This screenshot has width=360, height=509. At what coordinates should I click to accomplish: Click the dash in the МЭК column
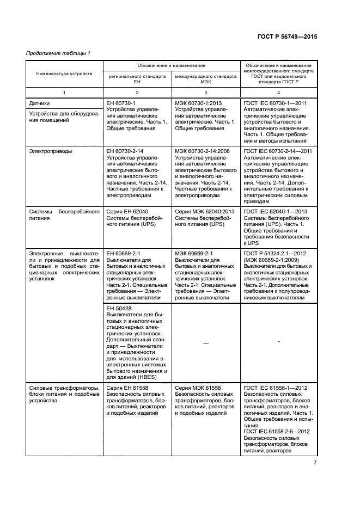click(x=206, y=342)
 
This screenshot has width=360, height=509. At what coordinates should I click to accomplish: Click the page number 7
click(x=315, y=463)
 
